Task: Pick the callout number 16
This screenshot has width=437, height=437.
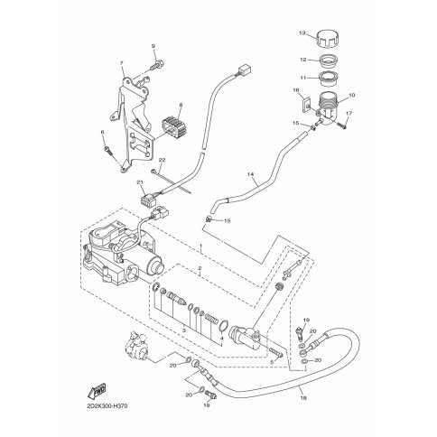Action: (x=295, y=92)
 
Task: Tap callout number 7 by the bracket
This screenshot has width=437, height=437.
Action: (x=120, y=65)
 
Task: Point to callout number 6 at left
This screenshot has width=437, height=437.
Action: (x=104, y=132)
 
